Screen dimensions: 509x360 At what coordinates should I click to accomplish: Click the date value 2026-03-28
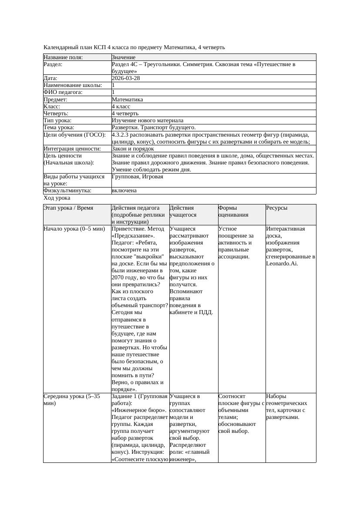pyautogui.click(x=126, y=78)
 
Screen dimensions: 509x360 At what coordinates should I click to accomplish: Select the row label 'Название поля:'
pyautogui.click(x=63, y=57)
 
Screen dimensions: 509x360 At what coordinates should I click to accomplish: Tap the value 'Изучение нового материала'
pyautogui.click(x=147, y=121)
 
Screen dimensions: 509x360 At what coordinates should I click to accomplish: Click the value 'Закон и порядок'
pyautogui.click(x=133, y=149)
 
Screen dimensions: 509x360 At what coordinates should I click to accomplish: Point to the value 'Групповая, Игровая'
pyautogui.click(x=137, y=177)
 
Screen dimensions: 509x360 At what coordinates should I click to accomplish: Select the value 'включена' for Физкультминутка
pyautogui.click(x=124, y=191)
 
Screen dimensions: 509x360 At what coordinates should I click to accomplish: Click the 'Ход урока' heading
pyautogui.click(x=57, y=198)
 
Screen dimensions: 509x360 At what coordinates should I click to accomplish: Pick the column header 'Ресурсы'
pyautogui.click(x=277, y=208)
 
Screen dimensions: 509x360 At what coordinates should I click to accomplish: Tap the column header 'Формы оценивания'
pyautogui.click(x=234, y=211)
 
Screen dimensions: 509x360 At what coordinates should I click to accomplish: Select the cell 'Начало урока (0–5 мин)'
pyautogui.click(x=74, y=229)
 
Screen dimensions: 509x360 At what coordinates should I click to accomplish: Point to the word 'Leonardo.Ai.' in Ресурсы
pyautogui.click(x=282, y=264)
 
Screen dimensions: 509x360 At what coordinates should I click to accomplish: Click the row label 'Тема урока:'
pyautogui.click(x=59, y=127)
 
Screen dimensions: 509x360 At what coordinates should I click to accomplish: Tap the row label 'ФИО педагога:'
pyautogui.click(x=63, y=92)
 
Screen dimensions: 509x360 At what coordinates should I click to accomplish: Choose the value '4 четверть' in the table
pyautogui.click(x=125, y=114)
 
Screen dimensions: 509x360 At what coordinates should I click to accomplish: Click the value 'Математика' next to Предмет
pyautogui.click(x=127, y=100)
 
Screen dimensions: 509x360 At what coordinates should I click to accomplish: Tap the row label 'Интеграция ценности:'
pyautogui.click(x=72, y=149)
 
